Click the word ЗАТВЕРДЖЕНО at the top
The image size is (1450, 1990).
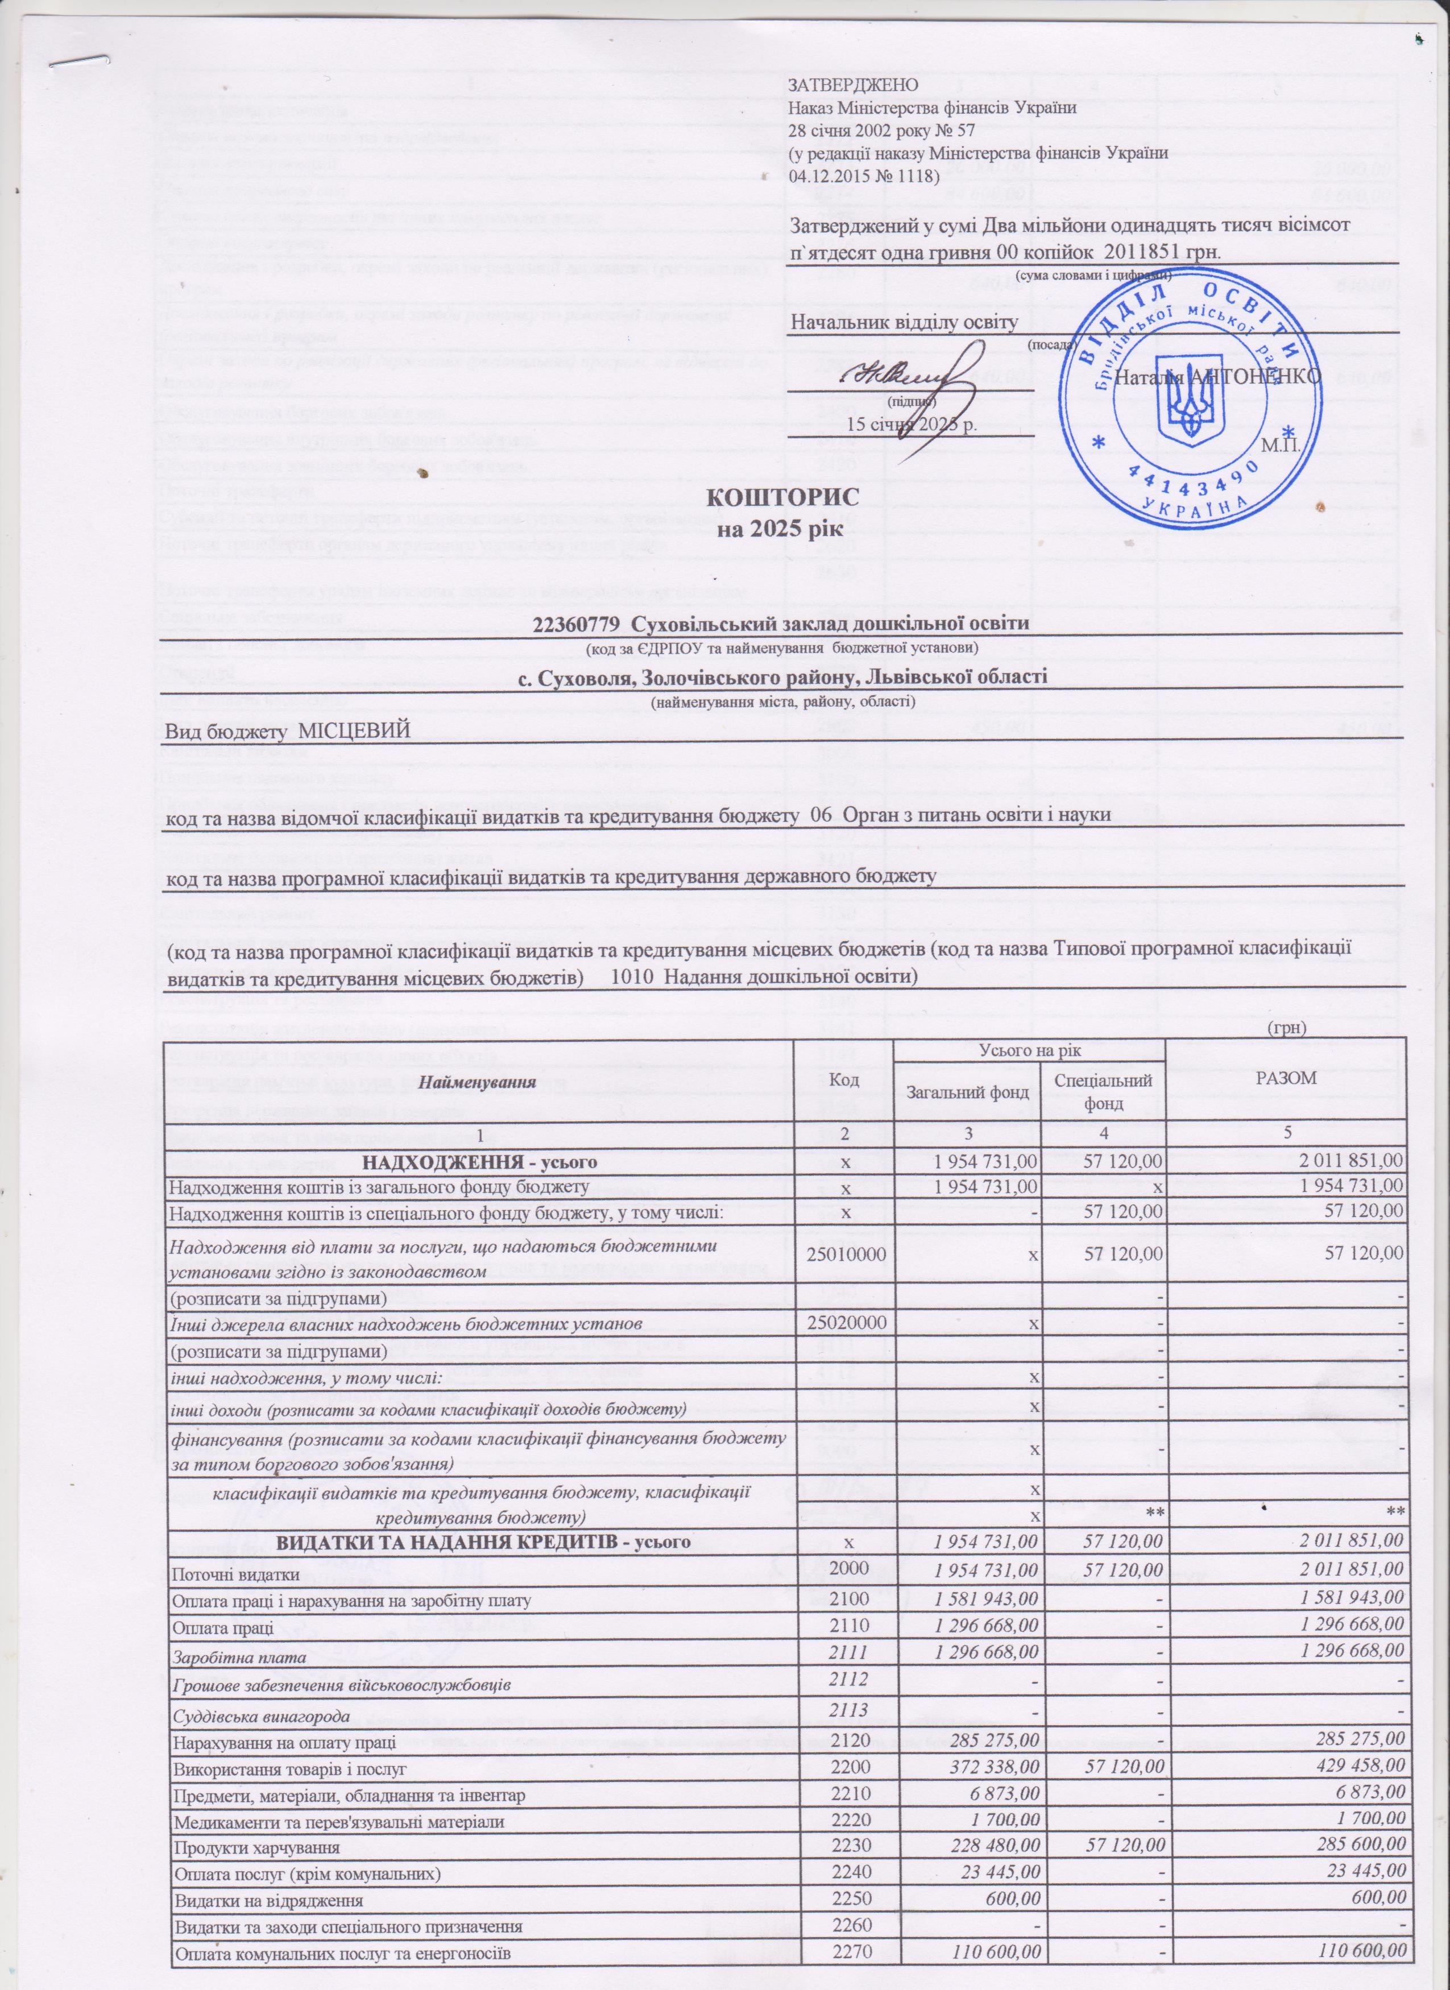[853, 85]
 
